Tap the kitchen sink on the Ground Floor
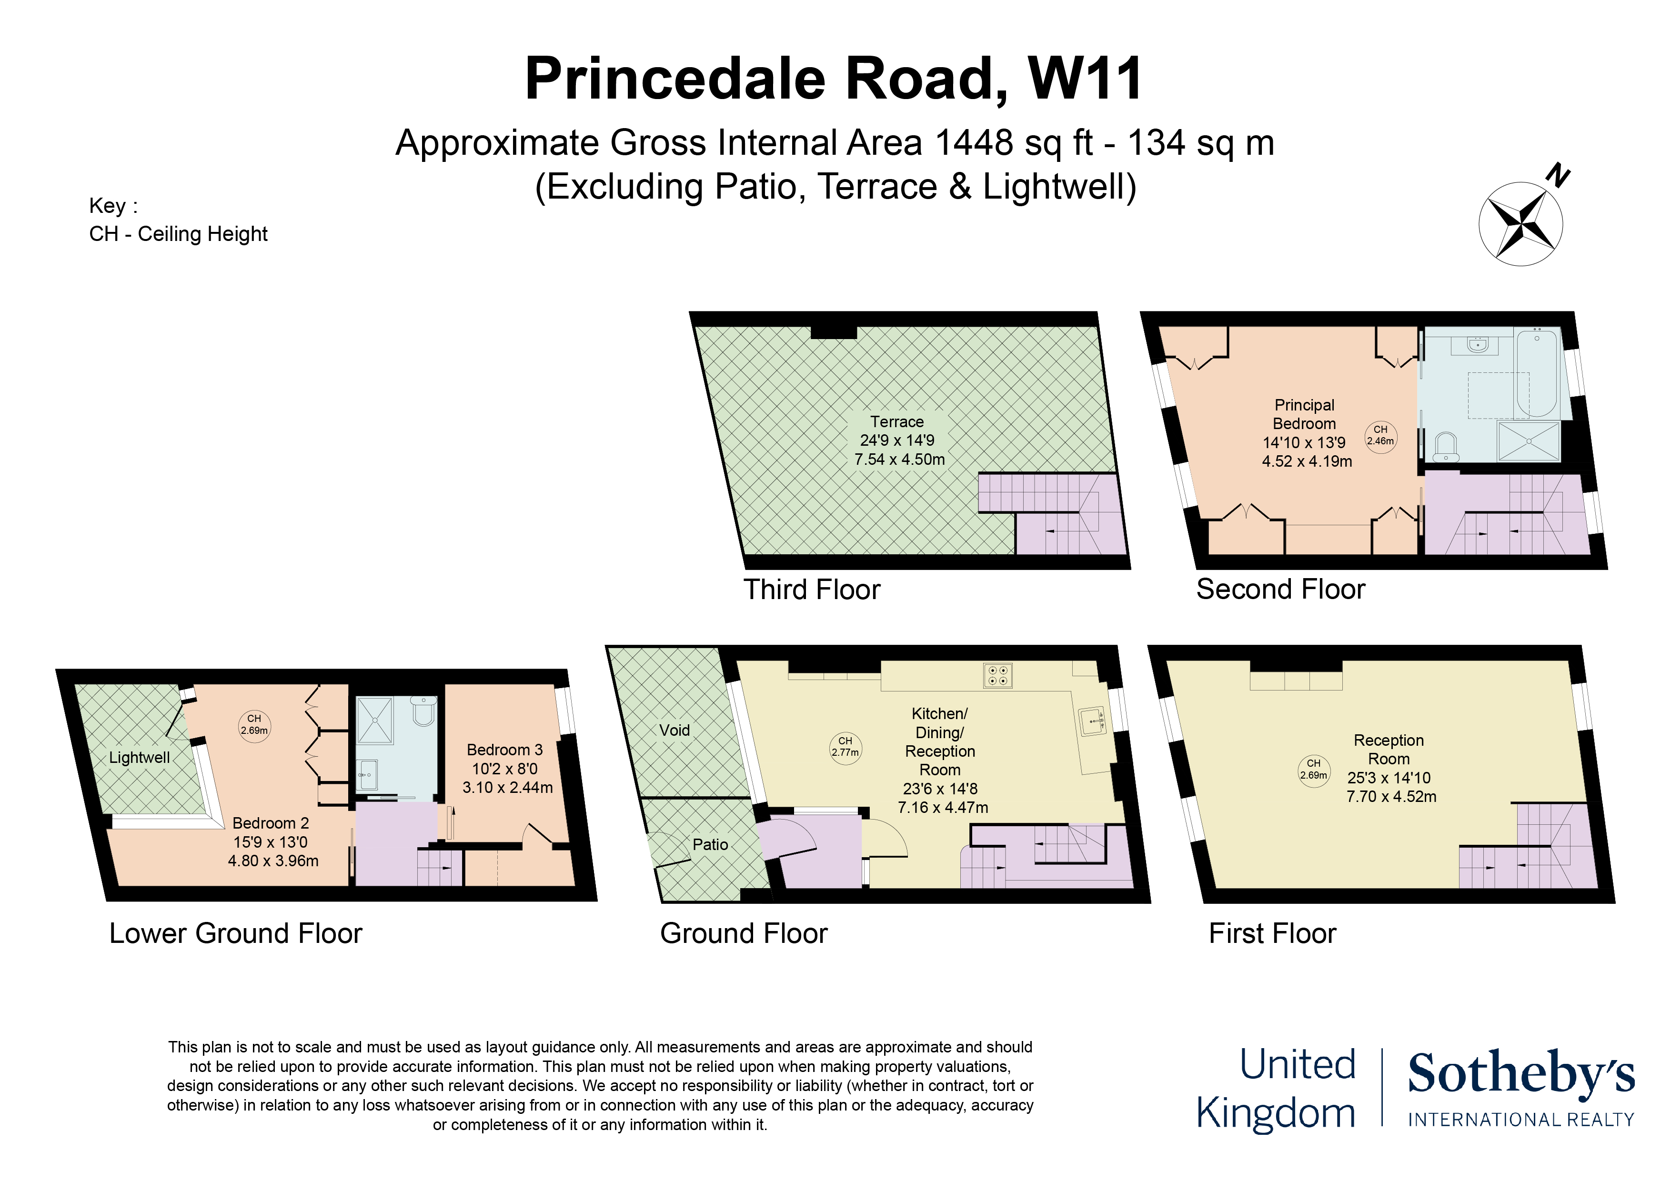(1092, 721)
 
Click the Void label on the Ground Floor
(674, 730)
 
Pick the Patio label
(710, 844)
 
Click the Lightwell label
(140, 758)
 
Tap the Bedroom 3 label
(505, 750)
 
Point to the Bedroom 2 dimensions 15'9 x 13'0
(271, 842)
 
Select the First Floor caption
(1272, 933)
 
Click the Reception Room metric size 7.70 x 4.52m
(1391, 797)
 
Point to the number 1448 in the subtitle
(974, 142)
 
